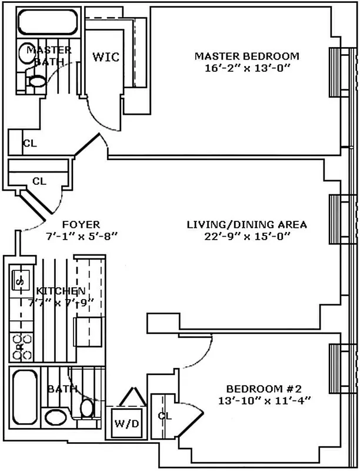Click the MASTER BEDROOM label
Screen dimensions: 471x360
click(x=247, y=57)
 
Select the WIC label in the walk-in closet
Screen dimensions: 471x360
click(x=106, y=57)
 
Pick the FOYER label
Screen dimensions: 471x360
click(x=81, y=225)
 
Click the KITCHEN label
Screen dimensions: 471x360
click(x=61, y=291)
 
